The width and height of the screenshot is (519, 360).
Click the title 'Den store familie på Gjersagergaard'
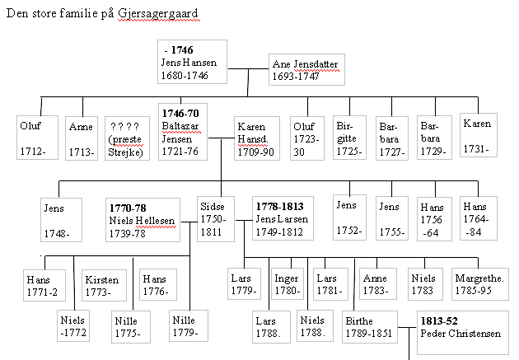(x=102, y=15)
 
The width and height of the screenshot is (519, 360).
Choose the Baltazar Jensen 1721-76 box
(x=183, y=132)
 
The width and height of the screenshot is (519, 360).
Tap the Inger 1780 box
(x=288, y=283)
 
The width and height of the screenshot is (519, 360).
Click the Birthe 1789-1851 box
(x=368, y=331)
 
